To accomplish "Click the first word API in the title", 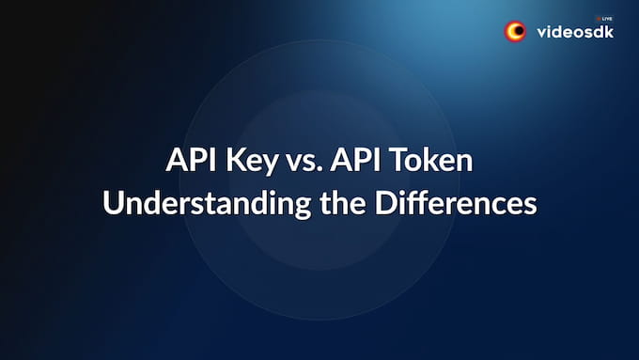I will [x=189, y=161].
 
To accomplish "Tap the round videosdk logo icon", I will [x=516, y=32].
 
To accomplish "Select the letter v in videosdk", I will [x=541, y=34].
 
